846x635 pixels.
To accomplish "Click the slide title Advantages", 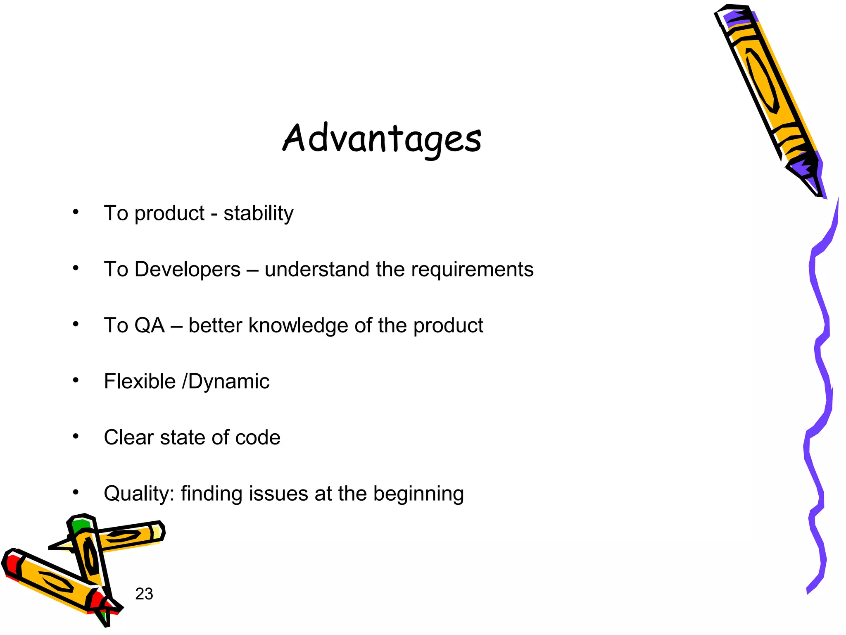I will [x=382, y=139].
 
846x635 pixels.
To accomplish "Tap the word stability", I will [x=258, y=213].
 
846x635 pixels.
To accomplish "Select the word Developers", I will [x=187, y=270].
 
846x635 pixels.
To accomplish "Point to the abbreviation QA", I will [x=150, y=325].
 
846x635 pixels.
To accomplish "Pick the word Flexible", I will [x=140, y=381].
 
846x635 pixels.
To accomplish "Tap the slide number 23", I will [x=144, y=594].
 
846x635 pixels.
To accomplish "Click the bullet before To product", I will [x=75, y=212].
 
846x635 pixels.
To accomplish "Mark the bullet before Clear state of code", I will [x=75, y=437].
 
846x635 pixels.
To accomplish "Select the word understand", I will [x=317, y=270].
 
